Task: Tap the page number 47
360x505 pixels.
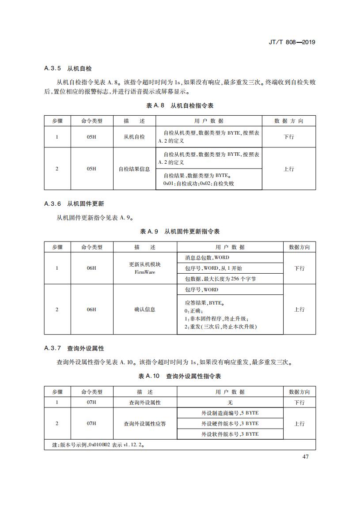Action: click(305, 456)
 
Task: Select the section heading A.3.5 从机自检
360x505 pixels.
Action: click(68, 69)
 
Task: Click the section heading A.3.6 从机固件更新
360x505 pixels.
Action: click(74, 204)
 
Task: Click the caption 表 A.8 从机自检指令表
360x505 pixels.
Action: click(180, 106)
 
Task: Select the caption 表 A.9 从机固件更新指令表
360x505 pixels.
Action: click(180, 232)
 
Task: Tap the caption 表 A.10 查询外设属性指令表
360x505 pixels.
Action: click(180, 376)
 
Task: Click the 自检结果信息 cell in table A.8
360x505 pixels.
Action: click(134, 169)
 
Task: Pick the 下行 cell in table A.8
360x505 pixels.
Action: click(288, 137)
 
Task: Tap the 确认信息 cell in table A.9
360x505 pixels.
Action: click(145, 309)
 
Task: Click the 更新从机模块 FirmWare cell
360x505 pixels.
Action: click(145, 268)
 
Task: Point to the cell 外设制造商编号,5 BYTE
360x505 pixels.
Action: click(230, 413)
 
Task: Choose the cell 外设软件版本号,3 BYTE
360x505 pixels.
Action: click(230, 434)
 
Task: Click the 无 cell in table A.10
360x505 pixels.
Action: click(230, 403)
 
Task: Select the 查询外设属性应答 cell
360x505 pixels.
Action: click(145, 424)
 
